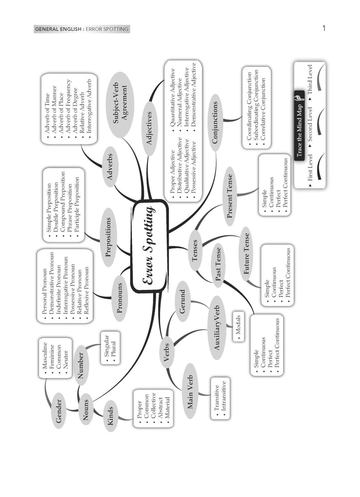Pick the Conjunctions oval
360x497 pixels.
coord(215,122)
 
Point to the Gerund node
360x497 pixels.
coord(182,301)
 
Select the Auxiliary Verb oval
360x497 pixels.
coord(217,328)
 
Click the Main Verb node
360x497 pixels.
coord(190,392)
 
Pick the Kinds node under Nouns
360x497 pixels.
coord(110,415)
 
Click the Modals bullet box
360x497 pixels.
coord(238,327)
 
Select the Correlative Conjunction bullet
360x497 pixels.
coord(263,109)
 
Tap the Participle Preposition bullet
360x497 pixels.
coord(77,209)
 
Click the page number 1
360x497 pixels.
coord(324,29)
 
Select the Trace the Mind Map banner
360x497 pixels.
coord(299,126)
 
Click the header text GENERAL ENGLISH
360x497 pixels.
coord(58,30)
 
